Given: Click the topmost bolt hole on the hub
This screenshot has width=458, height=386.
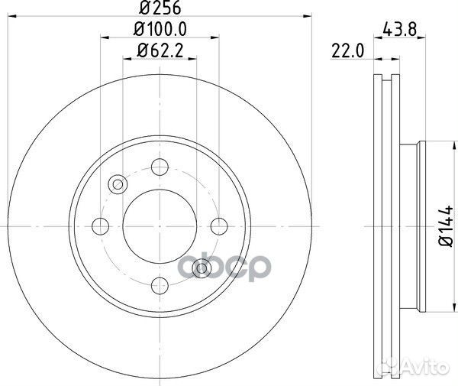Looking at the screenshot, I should [x=160, y=167].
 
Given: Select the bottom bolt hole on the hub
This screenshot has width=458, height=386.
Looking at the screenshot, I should [x=160, y=286].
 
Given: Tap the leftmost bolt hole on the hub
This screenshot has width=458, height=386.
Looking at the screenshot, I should [x=100, y=226].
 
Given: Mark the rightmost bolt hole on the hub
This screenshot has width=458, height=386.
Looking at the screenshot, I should [x=218, y=226].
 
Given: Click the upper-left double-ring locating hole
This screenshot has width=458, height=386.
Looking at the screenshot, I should [x=118, y=184].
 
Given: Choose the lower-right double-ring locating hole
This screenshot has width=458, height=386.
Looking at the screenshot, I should [x=201, y=268].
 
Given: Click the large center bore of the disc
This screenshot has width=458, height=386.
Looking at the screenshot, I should [x=160, y=226].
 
